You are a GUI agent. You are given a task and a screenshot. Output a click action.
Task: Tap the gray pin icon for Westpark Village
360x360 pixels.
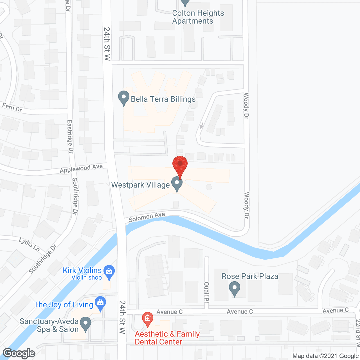177,184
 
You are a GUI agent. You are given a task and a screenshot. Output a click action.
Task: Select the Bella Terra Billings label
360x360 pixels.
163,99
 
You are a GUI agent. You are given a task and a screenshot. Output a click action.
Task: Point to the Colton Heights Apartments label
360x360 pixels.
198,17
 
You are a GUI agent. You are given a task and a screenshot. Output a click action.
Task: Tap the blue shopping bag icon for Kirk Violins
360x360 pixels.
109,272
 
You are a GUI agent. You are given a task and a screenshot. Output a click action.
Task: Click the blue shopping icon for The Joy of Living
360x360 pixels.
100,303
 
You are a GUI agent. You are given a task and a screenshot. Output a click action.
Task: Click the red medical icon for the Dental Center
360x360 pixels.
147,319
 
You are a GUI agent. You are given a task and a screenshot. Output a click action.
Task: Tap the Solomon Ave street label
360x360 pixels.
147,217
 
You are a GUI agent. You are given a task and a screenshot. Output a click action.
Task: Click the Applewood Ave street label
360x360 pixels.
81,168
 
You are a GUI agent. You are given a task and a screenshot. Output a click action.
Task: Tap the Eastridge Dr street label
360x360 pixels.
70,136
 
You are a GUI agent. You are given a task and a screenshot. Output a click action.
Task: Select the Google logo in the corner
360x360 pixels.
19,353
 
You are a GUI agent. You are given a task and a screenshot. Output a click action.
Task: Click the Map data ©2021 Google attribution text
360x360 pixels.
325,356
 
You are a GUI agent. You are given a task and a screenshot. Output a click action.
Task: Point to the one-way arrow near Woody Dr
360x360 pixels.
202,125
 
